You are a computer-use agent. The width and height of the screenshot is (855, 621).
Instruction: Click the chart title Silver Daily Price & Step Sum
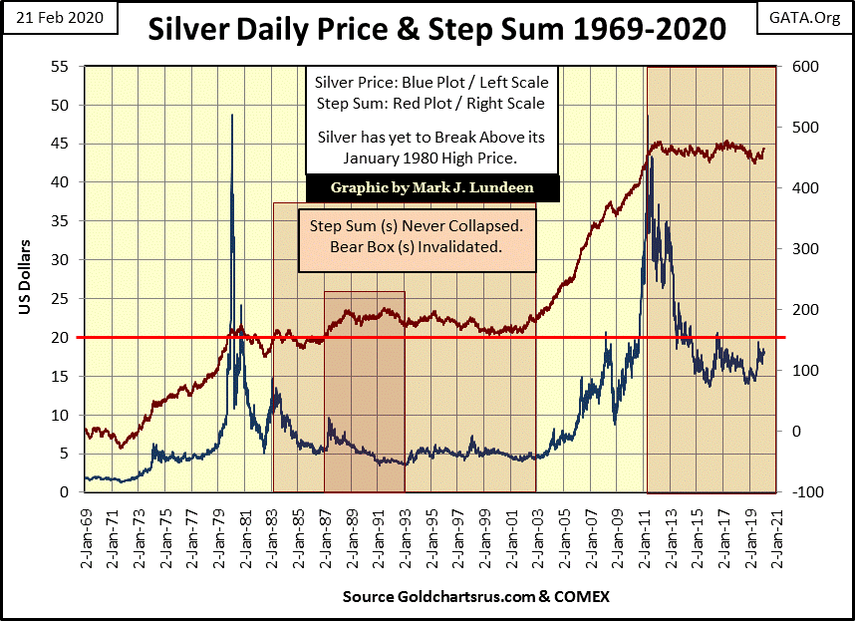click(x=436, y=30)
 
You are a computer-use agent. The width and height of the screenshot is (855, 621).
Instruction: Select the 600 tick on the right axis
click(x=803, y=67)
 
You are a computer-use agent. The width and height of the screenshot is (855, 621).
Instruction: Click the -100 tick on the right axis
click(x=804, y=492)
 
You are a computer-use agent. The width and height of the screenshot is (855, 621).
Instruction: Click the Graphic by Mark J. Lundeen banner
click(x=431, y=186)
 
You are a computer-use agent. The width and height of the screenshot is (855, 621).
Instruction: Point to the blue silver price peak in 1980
click(x=232, y=116)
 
